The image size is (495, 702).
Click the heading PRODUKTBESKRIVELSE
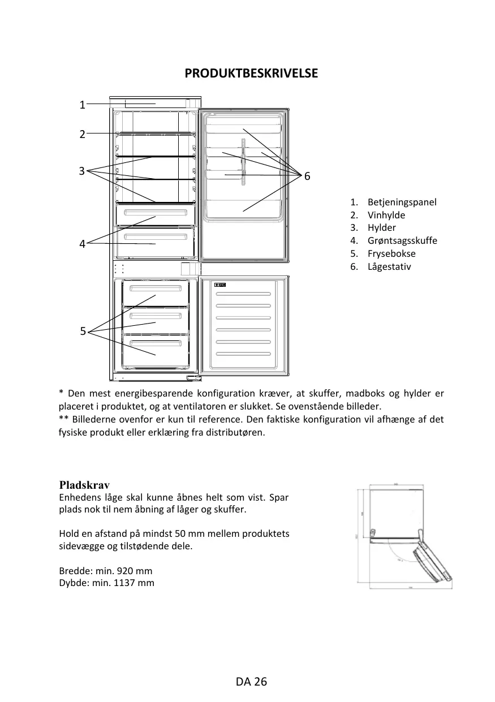(251, 74)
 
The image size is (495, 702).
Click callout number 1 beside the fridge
(82, 105)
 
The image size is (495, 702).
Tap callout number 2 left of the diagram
(82, 134)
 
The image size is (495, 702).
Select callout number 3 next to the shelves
(82, 170)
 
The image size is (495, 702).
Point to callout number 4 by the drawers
(82, 244)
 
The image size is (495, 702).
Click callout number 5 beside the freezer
(83, 331)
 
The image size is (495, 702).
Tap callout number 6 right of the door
(307, 177)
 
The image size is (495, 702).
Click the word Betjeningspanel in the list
(402, 202)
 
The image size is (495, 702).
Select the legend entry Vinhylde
(386, 215)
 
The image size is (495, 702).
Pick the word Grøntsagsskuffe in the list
(402, 240)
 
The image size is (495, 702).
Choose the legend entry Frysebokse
(391, 253)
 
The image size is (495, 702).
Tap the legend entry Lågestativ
(389, 266)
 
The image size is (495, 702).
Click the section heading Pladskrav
(84, 485)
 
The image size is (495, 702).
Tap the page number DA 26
(251, 682)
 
